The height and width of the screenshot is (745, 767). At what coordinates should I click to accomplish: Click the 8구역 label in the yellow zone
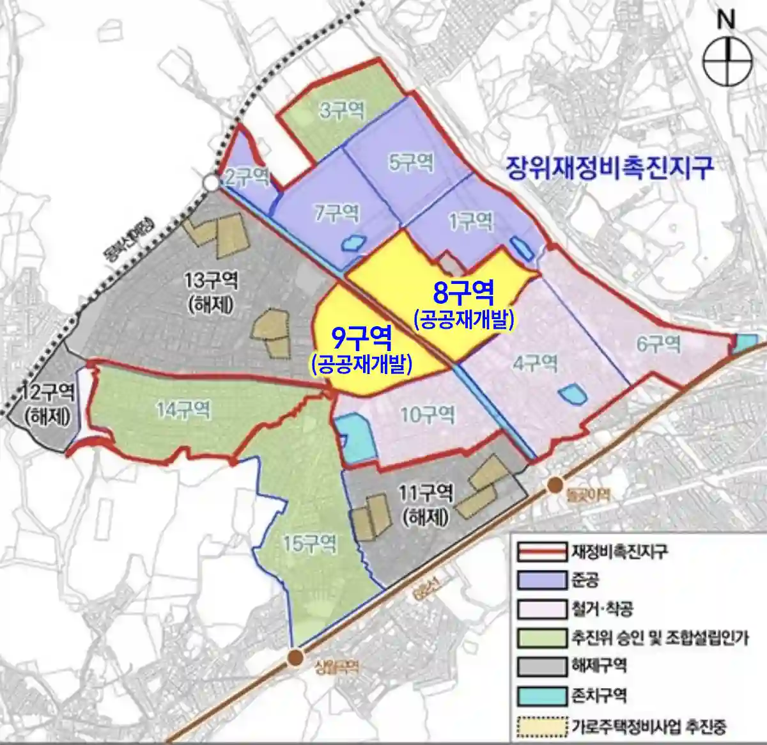(463, 294)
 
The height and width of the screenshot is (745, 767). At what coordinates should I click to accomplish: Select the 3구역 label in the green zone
(341, 111)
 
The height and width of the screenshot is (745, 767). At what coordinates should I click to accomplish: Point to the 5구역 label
(412, 162)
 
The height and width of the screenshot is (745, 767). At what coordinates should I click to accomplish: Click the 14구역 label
(183, 409)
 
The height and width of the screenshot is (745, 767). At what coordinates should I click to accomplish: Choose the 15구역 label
(309, 544)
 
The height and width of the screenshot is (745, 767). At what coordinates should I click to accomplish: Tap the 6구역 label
(658, 345)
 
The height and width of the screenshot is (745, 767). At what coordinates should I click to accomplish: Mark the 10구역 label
(427, 415)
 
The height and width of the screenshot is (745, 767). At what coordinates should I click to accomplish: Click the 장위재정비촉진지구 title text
(608, 168)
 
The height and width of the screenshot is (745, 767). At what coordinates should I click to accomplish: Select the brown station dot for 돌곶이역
(555, 485)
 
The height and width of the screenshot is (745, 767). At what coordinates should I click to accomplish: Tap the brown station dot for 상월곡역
(295, 657)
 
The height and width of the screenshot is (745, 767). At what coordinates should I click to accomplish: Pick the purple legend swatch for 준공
(541, 581)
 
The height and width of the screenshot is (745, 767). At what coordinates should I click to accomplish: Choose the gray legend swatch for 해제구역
(541, 666)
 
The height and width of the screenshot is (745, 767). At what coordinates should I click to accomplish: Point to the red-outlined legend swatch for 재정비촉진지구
(541, 551)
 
